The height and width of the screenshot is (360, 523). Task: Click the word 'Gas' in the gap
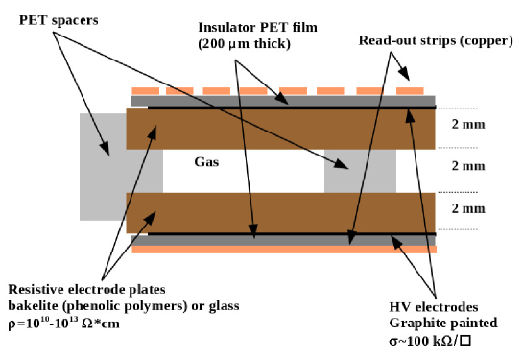207,163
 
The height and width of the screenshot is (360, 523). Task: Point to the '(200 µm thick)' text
244,44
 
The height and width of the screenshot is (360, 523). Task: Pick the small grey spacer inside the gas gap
360,171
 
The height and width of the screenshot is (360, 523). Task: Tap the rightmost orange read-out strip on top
410,91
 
